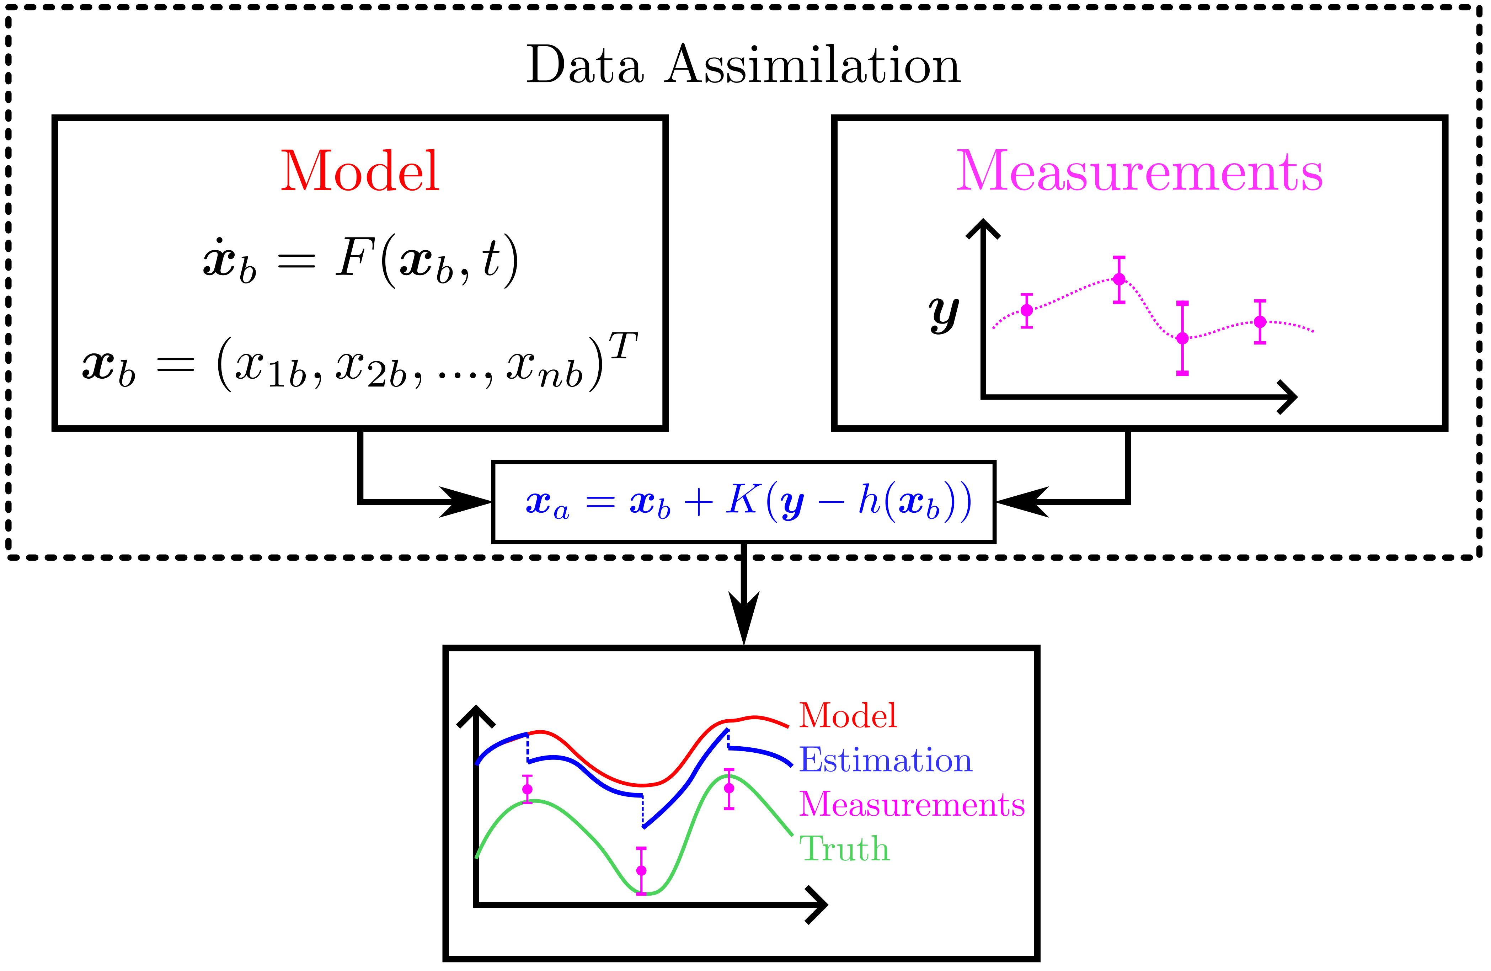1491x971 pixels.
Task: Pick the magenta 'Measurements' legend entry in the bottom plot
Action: click(912, 804)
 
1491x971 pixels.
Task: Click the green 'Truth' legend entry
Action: click(844, 849)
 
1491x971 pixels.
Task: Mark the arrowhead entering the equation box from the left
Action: click(467, 502)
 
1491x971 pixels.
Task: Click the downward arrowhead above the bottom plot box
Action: click(744, 617)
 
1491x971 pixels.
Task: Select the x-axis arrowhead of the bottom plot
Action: click(818, 905)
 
